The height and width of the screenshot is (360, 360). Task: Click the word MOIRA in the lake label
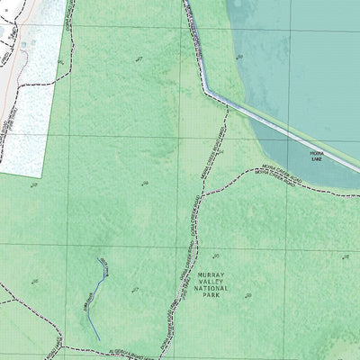(x=316, y=154)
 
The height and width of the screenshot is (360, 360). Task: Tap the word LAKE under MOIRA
(x=316, y=159)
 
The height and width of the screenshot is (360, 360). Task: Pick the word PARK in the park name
(x=211, y=295)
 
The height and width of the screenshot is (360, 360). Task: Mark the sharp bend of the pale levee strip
(x=206, y=90)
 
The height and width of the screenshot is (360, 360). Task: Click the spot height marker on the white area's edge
(x=59, y=62)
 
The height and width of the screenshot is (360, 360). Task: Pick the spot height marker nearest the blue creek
(x=134, y=290)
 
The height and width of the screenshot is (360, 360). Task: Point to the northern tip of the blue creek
(x=98, y=259)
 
